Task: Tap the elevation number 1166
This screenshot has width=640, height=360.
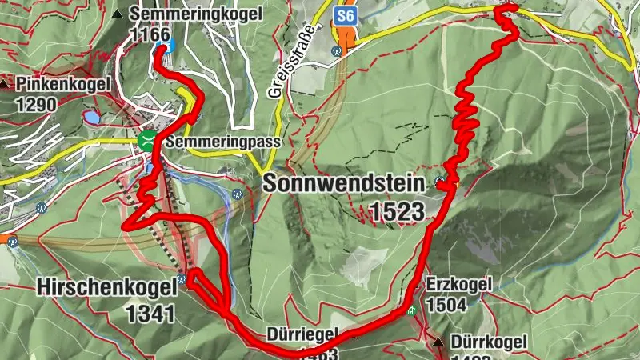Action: (x=150, y=34)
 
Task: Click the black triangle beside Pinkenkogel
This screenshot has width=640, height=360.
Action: (x=6, y=83)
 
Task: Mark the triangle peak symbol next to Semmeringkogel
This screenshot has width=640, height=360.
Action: (x=118, y=14)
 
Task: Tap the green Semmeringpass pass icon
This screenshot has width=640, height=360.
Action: (x=146, y=142)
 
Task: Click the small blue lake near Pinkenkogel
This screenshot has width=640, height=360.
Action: (x=93, y=118)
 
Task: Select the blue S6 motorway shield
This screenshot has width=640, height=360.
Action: (x=345, y=15)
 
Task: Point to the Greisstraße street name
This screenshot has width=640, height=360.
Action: (x=275, y=75)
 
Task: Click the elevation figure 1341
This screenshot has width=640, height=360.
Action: (x=150, y=312)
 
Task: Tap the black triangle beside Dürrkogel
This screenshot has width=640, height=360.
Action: (x=438, y=342)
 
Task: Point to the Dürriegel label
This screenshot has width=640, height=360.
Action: (x=303, y=334)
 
